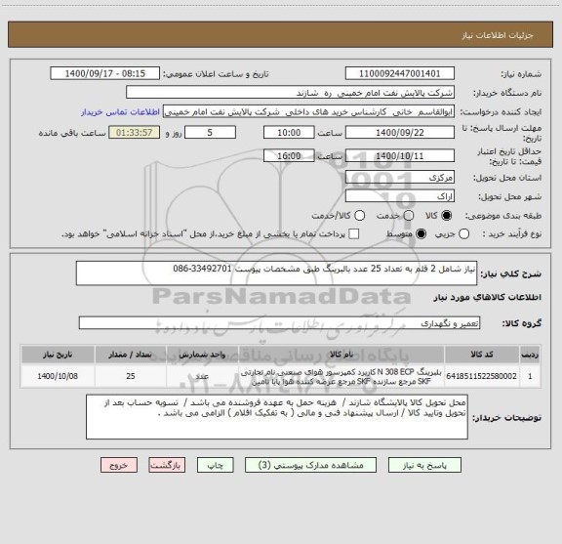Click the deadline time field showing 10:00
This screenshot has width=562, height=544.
click(x=289, y=132)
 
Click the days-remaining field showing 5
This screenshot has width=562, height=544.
click(x=211, y=132)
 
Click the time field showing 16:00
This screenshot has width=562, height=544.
click(x=289, y=155)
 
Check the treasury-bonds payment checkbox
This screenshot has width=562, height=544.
click(x=353, y=234)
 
